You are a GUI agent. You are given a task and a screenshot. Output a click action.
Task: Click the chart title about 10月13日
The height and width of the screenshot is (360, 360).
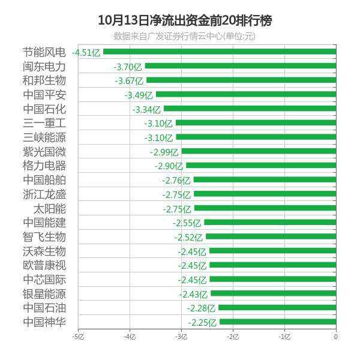tap(185, 20)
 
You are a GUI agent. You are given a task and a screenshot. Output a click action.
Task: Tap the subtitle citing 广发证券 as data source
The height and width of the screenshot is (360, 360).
tap(185, 36)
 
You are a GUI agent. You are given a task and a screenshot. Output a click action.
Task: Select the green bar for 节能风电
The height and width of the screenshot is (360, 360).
tap(219, 52)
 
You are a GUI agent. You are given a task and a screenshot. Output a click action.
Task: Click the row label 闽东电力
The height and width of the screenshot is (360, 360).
tap(44, 66)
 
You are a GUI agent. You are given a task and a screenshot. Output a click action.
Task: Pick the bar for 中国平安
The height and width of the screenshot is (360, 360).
tap(245, 95)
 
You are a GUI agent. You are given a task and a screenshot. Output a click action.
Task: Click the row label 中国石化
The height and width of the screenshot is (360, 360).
tap(44, 109)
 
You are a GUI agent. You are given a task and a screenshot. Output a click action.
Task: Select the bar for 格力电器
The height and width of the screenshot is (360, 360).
tap(260, 166)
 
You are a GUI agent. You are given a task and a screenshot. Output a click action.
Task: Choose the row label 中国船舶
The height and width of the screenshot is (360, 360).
tap(44, 180)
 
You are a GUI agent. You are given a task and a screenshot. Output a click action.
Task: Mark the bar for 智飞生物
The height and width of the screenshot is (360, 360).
tap(271, 236)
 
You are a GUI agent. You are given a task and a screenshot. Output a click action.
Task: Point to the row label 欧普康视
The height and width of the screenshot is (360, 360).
tap(44, 265)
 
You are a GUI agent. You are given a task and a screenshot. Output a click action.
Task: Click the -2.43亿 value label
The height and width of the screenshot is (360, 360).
tap(192, 294)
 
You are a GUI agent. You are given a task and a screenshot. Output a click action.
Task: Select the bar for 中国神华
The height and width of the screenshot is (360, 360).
tap(277, 322)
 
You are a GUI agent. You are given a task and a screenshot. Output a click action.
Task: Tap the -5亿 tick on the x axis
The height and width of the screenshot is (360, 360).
tap(77, 337)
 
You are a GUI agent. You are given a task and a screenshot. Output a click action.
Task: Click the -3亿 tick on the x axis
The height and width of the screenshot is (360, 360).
tap(181, 337)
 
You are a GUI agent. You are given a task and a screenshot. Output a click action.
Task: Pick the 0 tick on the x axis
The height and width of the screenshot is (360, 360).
tap(335, 337)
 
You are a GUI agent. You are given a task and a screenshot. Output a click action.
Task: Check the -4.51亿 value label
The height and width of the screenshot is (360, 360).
tap(86, 53)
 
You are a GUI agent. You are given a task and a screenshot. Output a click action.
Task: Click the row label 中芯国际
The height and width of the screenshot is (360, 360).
tap(44, 280)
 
